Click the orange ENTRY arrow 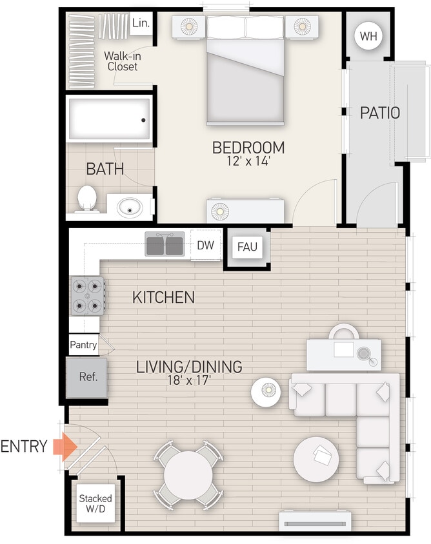(x=64, y=446)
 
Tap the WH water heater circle (x=368, y=36)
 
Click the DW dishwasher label (x=205, y=245)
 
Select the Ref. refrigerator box (x=88, y=377)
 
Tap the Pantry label (x=83, y=345)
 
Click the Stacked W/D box (x=95, y=503)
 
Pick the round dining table (x=186, y=473)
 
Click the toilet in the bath (x=86, y=199)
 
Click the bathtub (x=109, y=119)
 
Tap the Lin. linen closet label (x=140, y=23)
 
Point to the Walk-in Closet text (x=123, y=61)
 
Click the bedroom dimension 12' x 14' (x=248, y=162)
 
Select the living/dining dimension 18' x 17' (x=189, y=381)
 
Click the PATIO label (x=379, y=113)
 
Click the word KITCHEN (x=163, y=297)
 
